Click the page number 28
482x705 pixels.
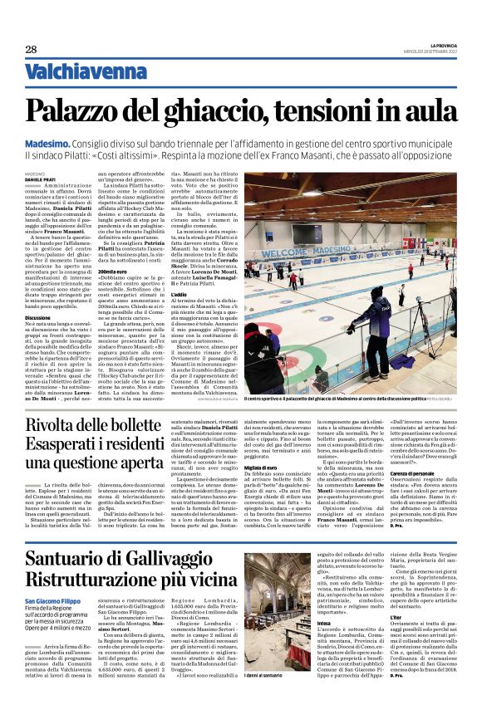click(x=31, y=49)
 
